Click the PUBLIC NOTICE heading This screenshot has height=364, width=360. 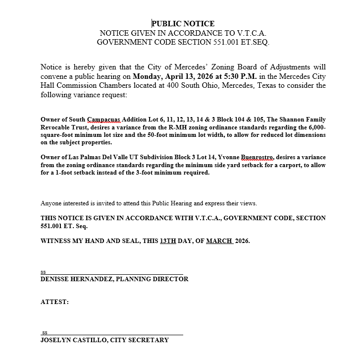pos(183,23)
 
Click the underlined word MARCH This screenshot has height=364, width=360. pos(219,241)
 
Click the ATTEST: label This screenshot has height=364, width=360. pos(54,302)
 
